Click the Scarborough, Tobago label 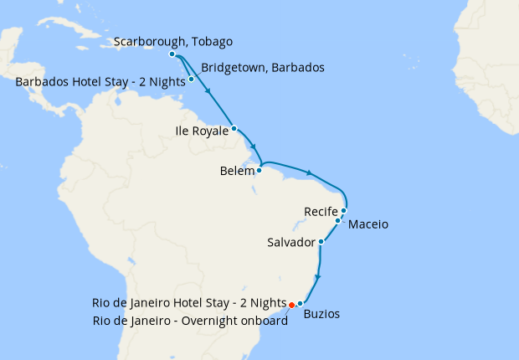(172, 42)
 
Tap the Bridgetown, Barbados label (263, 67)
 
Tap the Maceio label (368, 224)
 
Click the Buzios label (322, 316)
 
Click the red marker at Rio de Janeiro (291, 306)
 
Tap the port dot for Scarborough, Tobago (172, 54)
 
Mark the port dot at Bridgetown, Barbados (192, 80)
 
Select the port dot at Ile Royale (234, 128)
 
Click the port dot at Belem (259, 170)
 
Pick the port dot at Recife (344, 210)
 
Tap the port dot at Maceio (338, 221)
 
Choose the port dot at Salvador (321, 241)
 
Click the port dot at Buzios (300, 303)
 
